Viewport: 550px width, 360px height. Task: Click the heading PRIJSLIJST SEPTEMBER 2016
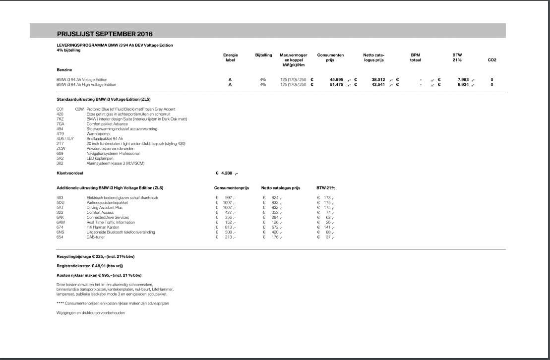pyautogui.click(x=105, y=34)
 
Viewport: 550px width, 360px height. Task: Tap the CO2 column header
pyautogui.click(x=492, y=60)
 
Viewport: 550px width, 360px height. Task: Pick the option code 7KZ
pyautogui.click(x=61, y=119)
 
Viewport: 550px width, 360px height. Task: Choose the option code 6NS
pyautogui.click(x=61, y=232)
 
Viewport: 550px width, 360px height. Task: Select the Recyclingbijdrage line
pyautogui.click(x=96, y=256)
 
